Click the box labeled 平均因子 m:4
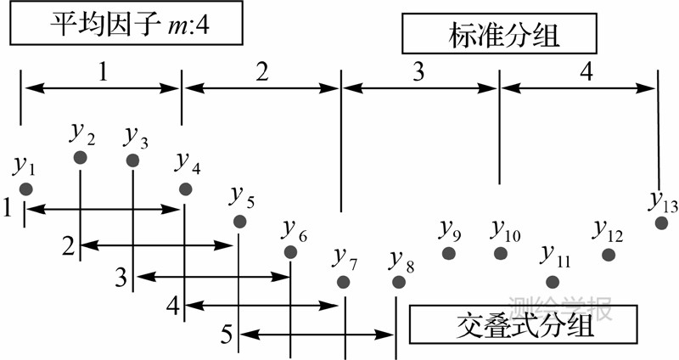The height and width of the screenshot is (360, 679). (x=126, y=25)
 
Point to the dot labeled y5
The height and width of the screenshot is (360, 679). (x=240, y=221)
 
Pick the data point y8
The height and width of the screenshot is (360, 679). (x=396, y=282)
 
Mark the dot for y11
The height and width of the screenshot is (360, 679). (x=553, y=282)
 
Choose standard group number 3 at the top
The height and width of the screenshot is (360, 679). (x=418, y=72)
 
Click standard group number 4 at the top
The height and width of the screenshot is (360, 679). (x=586, y=72)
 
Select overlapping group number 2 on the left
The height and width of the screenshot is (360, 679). (x=68, y=245)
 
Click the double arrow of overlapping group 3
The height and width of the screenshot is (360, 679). (x=212, y=276)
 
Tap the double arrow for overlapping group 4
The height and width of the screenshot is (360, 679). (x=263, y=305)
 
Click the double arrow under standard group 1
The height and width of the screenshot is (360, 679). (x=102, y=86)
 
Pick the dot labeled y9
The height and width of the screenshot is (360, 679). (x=448, y=253)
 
